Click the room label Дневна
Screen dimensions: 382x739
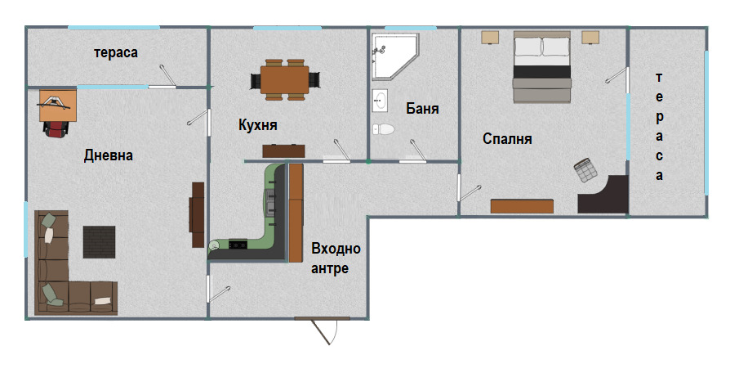tap(108, 155)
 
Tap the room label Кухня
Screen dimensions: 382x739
tap(258, 125)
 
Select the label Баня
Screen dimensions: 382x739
tap(422, 108)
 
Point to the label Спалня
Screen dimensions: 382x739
tap(507, 139)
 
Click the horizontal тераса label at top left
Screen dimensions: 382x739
tap(115, 52)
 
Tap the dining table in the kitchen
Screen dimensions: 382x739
tap(285, 79)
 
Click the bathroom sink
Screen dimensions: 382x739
tap(381, 101)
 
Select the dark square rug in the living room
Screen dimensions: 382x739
tap(100, 242)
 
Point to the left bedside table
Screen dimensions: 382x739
tap(490, 37)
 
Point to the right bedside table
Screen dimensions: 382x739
tap(591, 37)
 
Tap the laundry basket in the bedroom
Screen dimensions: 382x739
tap(585, 171)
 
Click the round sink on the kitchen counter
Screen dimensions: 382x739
tap(216, 244)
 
